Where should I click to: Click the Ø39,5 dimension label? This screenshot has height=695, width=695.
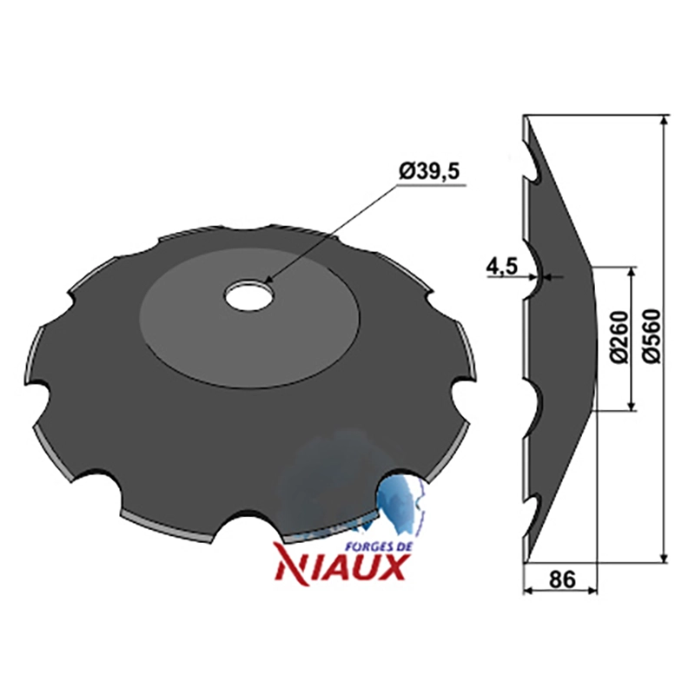click(x=429, y=171)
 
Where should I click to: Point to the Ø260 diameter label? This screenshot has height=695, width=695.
click(x=619, y=338)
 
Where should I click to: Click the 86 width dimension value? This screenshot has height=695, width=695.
click(x=562, y=579)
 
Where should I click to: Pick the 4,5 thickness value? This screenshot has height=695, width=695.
click(x=502, y=268)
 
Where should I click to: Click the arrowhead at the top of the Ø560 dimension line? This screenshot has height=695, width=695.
click(x=664, y=122)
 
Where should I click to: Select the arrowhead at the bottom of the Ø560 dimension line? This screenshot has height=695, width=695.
click(x=664, y=557)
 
